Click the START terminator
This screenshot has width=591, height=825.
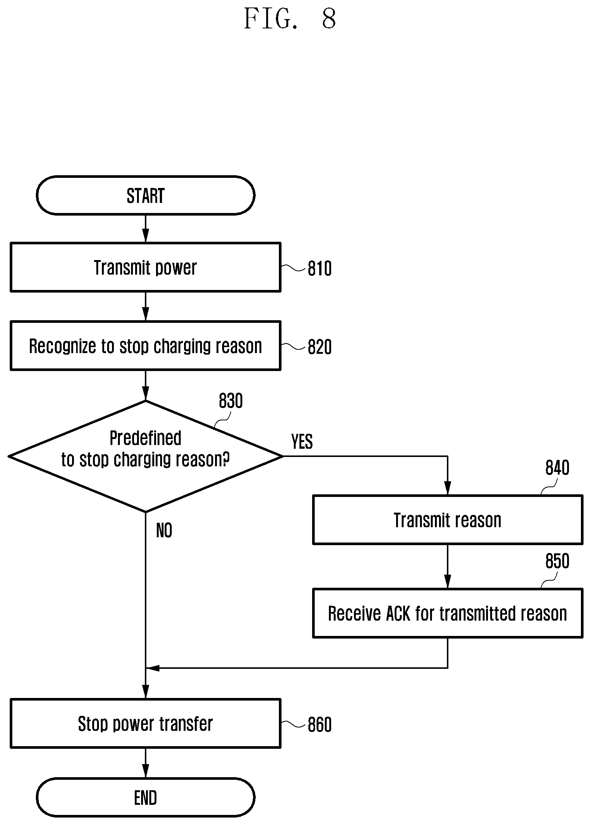(146, 195)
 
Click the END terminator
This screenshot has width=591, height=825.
(146, 797)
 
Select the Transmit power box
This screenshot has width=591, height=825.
(146, 267)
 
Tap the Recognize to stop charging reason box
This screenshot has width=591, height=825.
(146, 346)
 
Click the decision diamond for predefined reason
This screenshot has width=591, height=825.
(146, 456)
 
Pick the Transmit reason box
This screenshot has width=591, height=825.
(448, 520)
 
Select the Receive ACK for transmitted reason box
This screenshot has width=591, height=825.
(448, 613)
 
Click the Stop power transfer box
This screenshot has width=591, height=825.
(146, 724)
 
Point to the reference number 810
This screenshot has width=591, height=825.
(320, 269)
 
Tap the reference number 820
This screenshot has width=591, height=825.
(320, 347)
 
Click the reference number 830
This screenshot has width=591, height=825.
(231, 401)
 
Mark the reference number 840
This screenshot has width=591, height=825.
(557, 468)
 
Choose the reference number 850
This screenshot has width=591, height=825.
(557, 561)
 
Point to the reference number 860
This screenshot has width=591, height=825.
(320, 725)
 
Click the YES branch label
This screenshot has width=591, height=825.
(302, 442)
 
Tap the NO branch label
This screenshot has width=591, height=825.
(164, 531)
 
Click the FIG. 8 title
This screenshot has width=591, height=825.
(290, 19)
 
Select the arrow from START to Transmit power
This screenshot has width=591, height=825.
(146, 229)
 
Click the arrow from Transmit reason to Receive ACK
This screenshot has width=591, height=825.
(448, 566)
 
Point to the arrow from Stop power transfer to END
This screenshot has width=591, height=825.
(146, 763)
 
